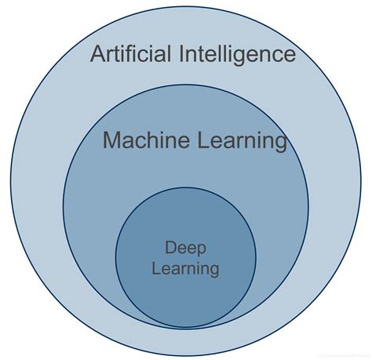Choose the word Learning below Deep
pyautogui.click(x=187, y=268)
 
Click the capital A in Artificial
pyautogui.click(x=98, y=54)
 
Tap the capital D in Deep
pyautogui.click(x=170, y=248)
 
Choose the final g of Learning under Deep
pyautogui.click(x=213, y=271)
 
